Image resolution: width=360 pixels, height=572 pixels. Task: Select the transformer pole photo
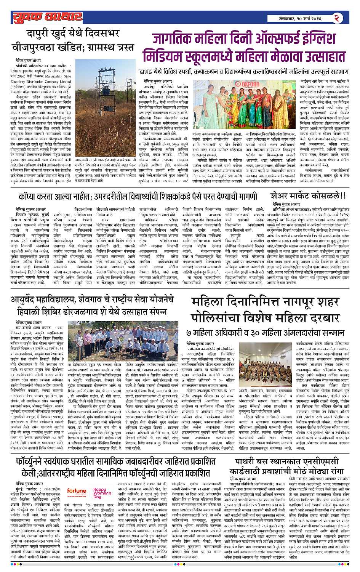coord(105,101)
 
